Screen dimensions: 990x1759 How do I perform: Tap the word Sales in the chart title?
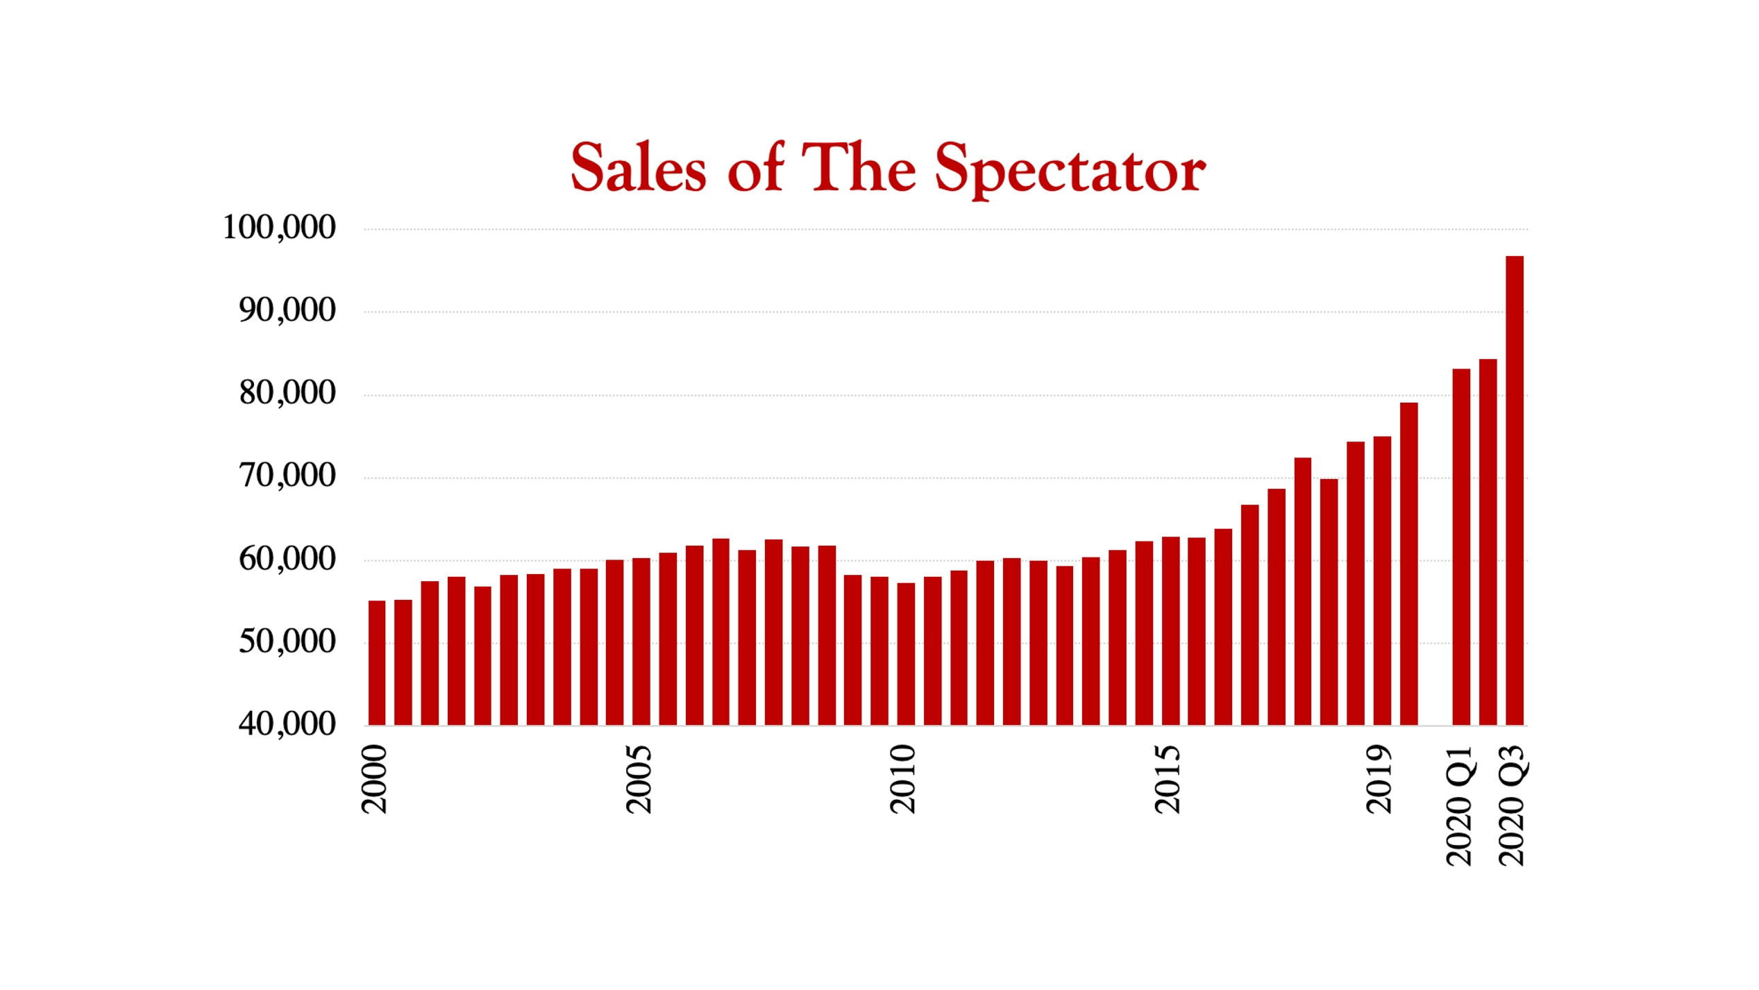638,167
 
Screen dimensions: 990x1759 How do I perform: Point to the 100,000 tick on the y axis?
278,228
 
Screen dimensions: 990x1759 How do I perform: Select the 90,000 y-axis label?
287,310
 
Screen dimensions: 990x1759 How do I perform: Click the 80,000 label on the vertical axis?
287,394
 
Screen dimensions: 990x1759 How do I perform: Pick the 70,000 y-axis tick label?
287,476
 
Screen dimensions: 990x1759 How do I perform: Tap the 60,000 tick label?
287,560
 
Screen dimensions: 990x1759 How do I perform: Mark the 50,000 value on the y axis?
287,642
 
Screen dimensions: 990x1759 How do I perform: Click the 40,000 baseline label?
287,725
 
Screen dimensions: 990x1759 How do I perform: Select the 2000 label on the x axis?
375,778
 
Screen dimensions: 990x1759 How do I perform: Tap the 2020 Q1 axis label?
1460,805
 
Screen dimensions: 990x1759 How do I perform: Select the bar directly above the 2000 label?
376,663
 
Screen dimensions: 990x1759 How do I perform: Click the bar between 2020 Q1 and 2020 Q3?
1488,542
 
